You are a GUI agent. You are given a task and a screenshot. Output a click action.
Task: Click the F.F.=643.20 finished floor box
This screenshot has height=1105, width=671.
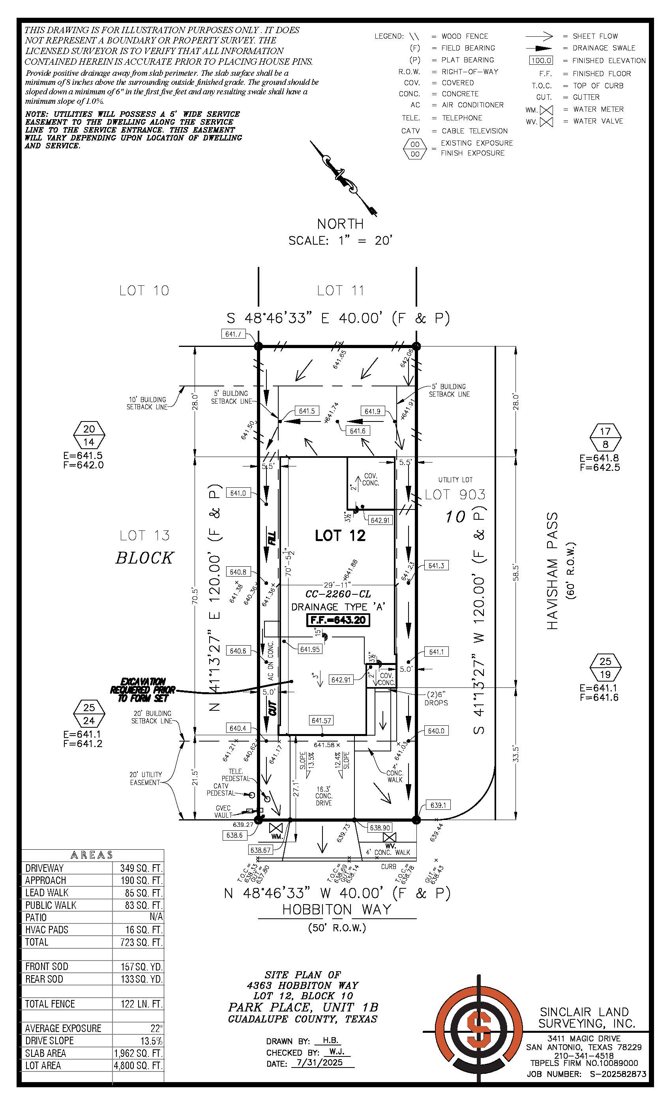[x=337, y=620]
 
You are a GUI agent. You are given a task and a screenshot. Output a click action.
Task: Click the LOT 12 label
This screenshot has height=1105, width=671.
[x=340, y=536]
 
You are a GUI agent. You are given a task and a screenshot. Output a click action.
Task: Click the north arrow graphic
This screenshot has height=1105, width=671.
[x=343, y=178]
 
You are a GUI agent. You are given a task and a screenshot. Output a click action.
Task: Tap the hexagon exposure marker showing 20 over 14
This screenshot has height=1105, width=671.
[x=89, y=435]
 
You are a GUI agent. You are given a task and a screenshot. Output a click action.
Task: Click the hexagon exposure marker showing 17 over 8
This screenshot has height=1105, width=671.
[x=605, y=438]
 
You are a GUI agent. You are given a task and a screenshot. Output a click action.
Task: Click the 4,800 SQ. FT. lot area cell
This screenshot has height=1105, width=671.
[x=138, y=1065]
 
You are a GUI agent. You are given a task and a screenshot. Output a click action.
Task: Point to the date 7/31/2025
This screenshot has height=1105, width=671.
[x=320, y=1062]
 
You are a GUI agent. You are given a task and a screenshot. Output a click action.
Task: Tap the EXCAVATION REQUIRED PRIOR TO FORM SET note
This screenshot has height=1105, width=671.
[x=142, y=690]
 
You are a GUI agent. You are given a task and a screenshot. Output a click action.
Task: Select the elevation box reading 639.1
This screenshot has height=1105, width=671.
[x=438, y=805]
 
